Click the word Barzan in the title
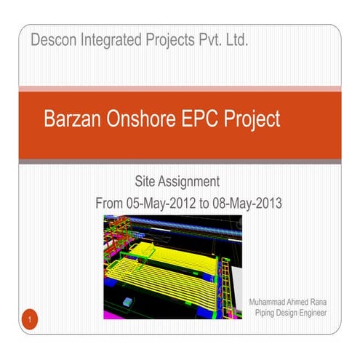click(x=73, y=120)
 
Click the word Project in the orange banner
click(x=252, y=120)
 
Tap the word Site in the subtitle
click(x=146, y=181)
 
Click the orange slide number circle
click(x=30, y=319)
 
